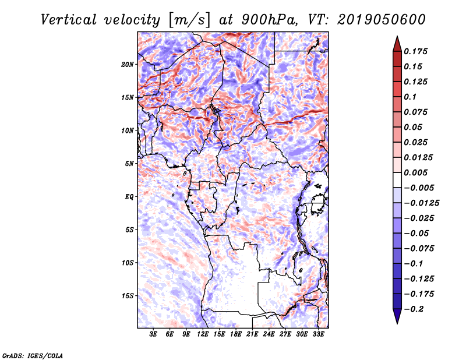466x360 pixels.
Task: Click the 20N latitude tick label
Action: point(128,64)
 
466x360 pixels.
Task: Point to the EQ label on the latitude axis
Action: point(129,196)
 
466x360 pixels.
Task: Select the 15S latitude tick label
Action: point(128,295)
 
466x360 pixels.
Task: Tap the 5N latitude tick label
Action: point(130,164)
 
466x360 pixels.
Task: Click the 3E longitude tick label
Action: point(154,334)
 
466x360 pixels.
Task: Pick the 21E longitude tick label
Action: point(253,334)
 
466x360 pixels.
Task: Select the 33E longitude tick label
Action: point(319,334)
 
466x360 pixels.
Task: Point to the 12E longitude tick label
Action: point(203,334)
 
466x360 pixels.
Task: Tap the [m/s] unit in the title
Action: point(189,20)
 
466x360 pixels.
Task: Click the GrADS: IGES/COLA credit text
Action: point(33,355)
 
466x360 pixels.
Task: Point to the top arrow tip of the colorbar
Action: point(396,37)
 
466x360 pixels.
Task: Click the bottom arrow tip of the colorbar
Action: point(396,322)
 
